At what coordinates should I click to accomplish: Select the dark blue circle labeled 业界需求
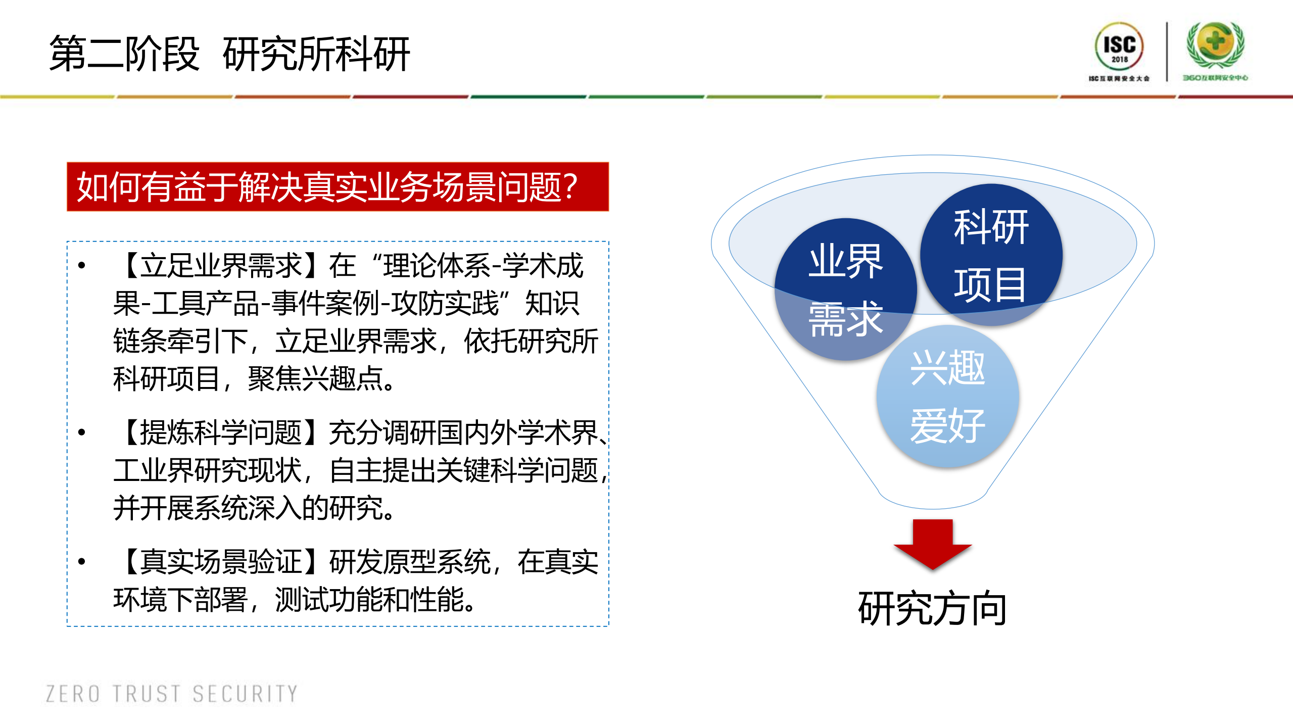845,289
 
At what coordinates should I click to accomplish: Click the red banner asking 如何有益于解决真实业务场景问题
338,186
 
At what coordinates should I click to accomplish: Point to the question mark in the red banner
569,186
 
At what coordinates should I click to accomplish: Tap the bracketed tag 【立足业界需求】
221,266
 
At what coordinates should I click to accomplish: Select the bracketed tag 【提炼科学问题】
221,433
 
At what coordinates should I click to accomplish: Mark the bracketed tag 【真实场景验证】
221,562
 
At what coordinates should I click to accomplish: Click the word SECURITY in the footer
245,694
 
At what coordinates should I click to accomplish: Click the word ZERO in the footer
73,694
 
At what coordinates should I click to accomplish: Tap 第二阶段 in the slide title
124,54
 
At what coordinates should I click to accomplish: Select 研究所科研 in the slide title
316,54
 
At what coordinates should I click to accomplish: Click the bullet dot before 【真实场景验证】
82,562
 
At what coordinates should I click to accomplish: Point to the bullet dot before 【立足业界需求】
82,265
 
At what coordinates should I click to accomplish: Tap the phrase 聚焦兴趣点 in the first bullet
315,379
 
